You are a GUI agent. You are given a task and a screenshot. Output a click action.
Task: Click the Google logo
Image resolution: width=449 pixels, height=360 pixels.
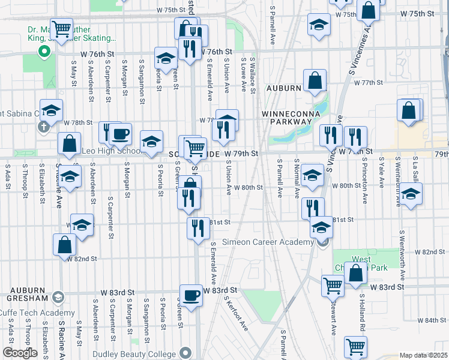(19, 353)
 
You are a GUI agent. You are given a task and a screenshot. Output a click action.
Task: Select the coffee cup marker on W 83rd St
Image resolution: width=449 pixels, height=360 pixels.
(191, 295)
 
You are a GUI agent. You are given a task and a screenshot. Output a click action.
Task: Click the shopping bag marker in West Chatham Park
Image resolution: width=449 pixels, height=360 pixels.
(356, 272)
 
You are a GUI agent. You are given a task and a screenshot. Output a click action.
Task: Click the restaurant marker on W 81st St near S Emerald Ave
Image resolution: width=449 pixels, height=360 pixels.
(197, 227)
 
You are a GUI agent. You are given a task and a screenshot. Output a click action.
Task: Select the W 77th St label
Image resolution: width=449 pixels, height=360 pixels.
(368, 83)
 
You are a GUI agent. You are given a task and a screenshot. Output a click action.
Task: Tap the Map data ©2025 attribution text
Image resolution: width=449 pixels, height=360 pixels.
(423, 355)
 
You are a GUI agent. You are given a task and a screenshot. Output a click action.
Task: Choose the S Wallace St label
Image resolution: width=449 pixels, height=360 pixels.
(253, 76)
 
